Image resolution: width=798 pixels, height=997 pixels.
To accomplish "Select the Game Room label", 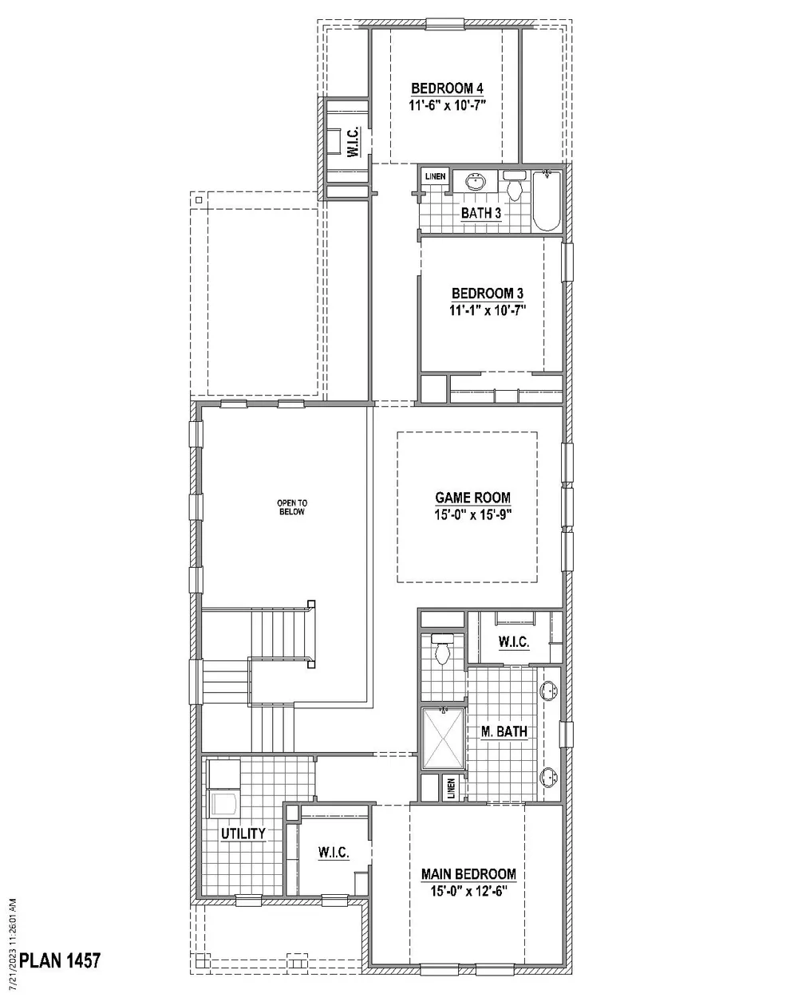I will pyautogui.click(x=472, y=498).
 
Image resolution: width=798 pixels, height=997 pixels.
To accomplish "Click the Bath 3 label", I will pyautogui.click(x=481, y=213).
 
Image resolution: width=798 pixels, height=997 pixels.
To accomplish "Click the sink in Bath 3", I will pyautogui.click(x=476, y=182).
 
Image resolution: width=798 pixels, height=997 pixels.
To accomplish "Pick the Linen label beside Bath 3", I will pyautogui.click(x=435, y=176).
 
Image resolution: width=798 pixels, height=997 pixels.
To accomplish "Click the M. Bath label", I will pyautogui.click(x=504, y=731).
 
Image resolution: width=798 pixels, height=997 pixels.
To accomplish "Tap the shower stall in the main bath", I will pyautogui.click(x=442, y=739).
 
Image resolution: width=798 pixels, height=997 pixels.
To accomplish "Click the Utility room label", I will pyautogui.click(x=243, y=833).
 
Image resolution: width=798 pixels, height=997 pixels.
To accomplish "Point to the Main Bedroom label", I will pyautogui.click(x=468, y=874).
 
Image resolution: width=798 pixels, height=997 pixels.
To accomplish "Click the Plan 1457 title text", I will pyautogui.click(x=60, y=960).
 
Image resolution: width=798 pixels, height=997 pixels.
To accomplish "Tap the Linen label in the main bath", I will pyautogui.click(x=451, y=789).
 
